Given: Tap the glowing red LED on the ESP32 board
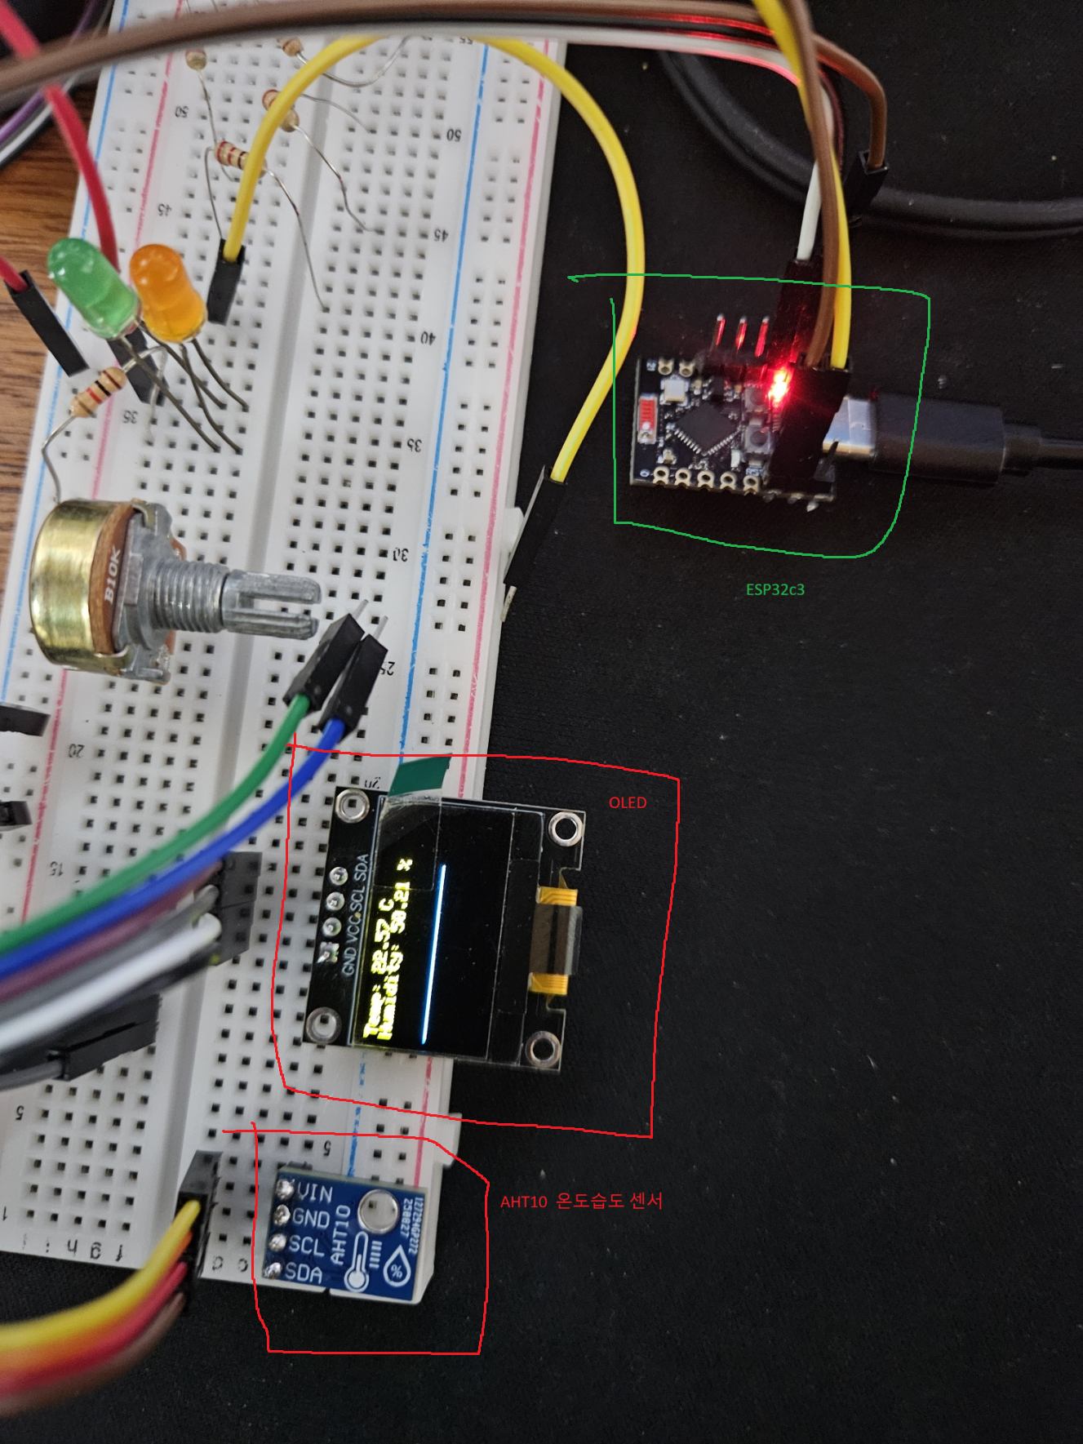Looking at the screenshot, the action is [x=777, y=386].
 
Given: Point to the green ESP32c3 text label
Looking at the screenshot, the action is [x=775, y=589].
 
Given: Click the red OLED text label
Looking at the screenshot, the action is [x=627, y=802].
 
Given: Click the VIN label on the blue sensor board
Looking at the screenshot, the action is [x=314, y=1193].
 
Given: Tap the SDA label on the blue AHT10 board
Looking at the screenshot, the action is [x=304, y=1271].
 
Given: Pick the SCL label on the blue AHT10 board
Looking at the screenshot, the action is [x=306, y=1246].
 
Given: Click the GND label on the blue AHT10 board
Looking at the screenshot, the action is [x=310, y=1219].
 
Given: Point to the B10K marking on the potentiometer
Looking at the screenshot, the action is [x=113, y=575].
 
